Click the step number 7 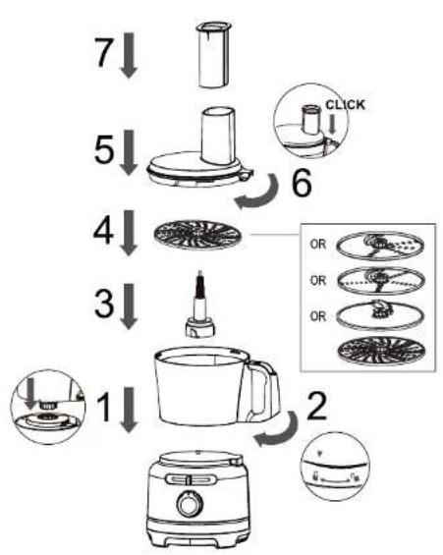click(104, 52)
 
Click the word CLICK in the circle click(345, 105)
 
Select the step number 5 click(104, 149)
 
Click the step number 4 click(104, 231)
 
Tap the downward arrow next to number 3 click(129, 306)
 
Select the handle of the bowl click(263, 389)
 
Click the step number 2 click(316, 407)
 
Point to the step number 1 click(104, 408)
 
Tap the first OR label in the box click(317, 245)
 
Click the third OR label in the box click(317, 316)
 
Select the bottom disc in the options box click(381, 351)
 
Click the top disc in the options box click(380, 246)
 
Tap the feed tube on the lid click(218, 137)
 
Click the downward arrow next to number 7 click(129, 55)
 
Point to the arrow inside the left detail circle click(31, 394)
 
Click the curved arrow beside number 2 click(280, 432)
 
